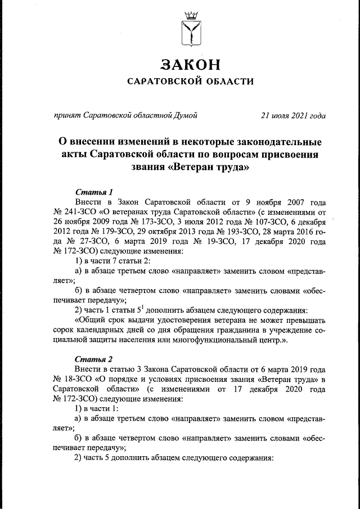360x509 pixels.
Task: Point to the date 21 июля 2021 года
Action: [293, 116]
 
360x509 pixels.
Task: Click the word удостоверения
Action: [179, 321]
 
